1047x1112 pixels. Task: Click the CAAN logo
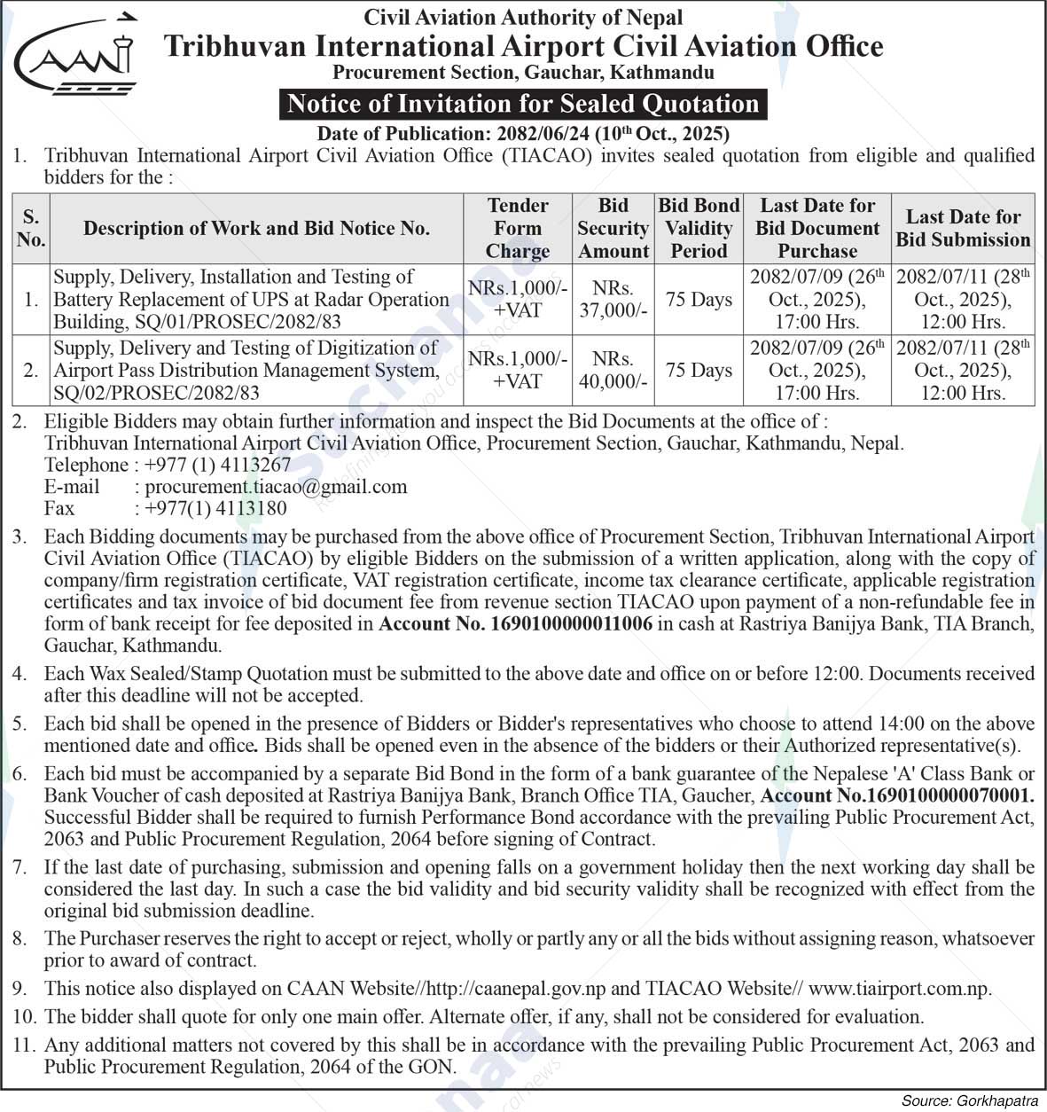(x=76, y=58)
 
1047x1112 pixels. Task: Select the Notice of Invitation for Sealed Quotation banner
(x=523, y=104)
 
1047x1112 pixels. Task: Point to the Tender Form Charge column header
(x=518, y=228)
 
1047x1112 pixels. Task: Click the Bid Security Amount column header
(x=613, y=228)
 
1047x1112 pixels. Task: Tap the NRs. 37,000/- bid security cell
(x=613, y=300)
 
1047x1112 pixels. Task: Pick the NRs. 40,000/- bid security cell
(x=613, y=371)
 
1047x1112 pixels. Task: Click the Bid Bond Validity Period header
(x=699, y=228)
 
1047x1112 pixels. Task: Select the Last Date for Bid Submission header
(x=963, y=228)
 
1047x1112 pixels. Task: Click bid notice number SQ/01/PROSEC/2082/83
(x=197, y=322)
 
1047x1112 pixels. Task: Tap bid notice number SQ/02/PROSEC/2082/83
(x=156, y=393)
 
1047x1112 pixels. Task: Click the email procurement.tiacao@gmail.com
(x=276, y=487)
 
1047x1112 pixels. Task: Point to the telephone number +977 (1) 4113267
(x=217, y=465)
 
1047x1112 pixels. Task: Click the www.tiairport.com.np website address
(x=899, y=988)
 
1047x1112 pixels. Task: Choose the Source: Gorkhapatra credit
(x=970, y=1100)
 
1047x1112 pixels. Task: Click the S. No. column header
(x=31, y=228)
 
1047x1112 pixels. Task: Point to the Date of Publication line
(x=523, y=134)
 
